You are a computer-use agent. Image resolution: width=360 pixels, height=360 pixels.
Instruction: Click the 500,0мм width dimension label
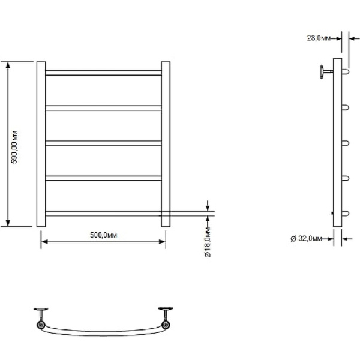pyautogui.click(x=103, y=235)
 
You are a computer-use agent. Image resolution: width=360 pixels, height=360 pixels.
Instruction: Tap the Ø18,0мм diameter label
pyautogui.click(x=207, y=243)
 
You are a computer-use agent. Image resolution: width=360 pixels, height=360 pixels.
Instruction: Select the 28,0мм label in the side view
pyautogui.click(x=319, y=38)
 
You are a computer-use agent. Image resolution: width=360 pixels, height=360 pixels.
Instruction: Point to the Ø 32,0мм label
pyautogui.click(x=306, y=238)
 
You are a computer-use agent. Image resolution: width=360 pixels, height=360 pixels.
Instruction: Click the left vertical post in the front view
pyautogui.click(x=41, y=144)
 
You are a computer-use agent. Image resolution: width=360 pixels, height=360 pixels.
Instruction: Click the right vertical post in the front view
pyautogui.click(x=166, y=144)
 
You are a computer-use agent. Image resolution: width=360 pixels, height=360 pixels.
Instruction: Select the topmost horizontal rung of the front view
pyautogui.click(x=103, y=73)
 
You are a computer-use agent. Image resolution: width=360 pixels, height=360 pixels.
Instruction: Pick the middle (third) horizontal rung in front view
pyautogui.click(x=103, y=143)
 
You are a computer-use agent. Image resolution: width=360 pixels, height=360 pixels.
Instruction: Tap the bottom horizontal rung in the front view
pyautogui.click(x=103, y=212)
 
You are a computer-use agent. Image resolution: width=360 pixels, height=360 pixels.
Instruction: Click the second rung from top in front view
pyautogui.click(x=103, y=108)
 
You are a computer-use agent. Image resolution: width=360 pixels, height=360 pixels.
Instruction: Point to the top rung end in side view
pyautogui.click(x=346, y=72)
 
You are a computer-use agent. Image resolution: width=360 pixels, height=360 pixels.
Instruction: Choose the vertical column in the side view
pyautogui.click(x=338, y=144)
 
